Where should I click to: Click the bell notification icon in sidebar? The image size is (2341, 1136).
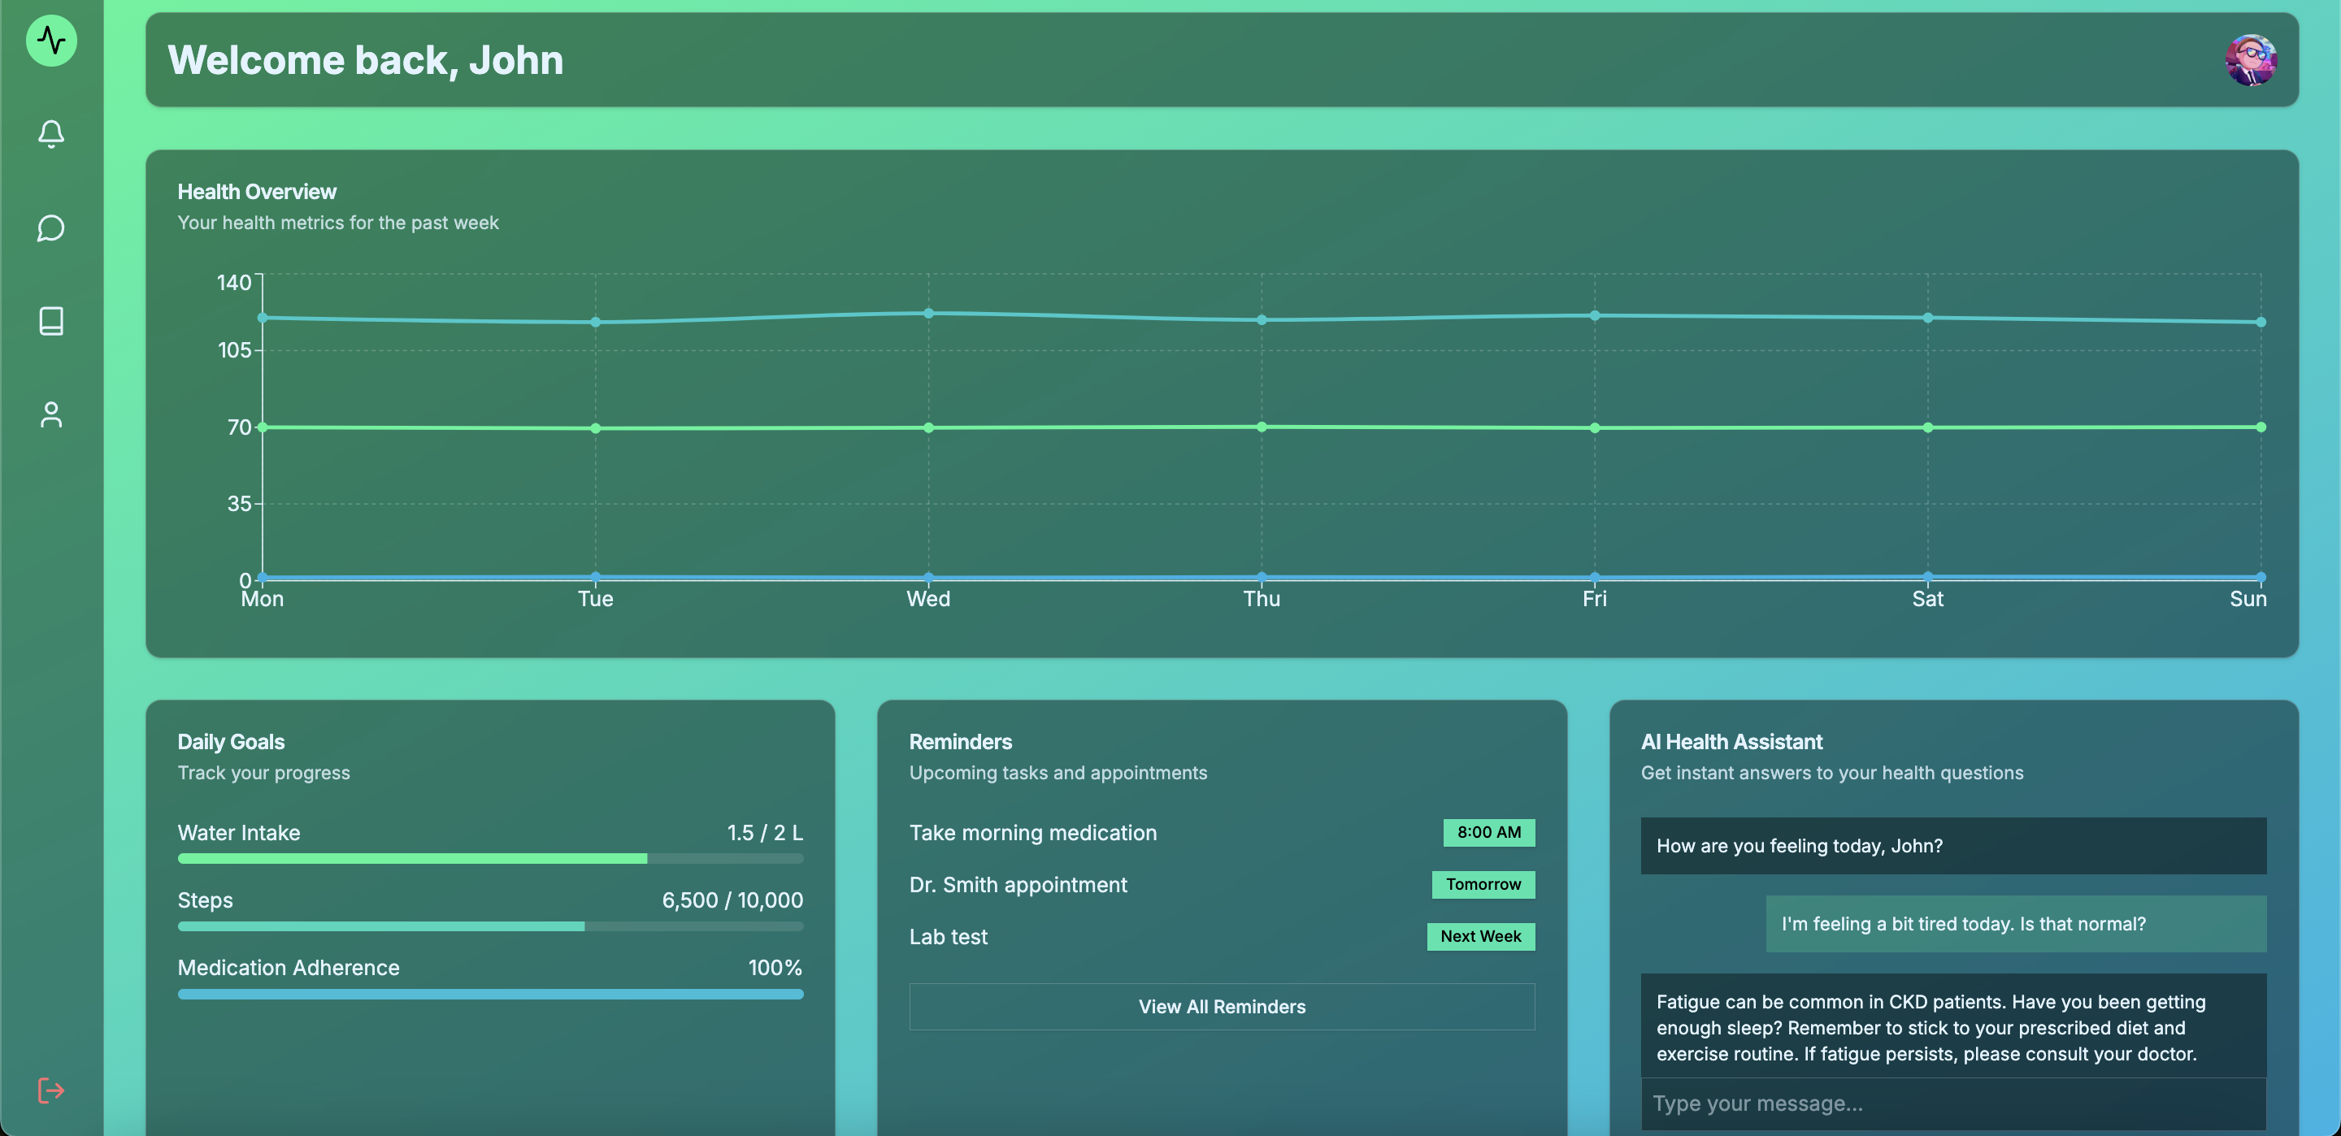[51, 135]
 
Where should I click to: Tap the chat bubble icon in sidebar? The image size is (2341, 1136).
[51, 228]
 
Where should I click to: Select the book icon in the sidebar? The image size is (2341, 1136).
[51, 321]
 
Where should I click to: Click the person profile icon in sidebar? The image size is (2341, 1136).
[51, 414]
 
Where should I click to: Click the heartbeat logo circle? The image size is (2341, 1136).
[51, 41]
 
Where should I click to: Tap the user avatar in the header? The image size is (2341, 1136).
[2250, 60]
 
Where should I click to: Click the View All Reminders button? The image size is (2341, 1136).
[1222, 1006]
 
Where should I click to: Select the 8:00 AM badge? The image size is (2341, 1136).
[1488, 832]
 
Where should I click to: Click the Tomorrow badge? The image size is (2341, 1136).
[1483, 884]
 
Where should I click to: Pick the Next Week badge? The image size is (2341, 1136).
[1480, 936]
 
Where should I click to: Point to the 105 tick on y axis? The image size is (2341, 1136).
[234, 350]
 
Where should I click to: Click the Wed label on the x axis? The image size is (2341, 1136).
[927, 599]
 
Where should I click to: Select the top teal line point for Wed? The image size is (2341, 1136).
[927, 314]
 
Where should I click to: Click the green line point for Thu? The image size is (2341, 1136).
[1262, 427]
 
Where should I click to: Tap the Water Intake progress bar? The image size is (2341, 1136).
[490, 858]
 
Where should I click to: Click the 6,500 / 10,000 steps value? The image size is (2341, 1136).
[732, 900]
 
